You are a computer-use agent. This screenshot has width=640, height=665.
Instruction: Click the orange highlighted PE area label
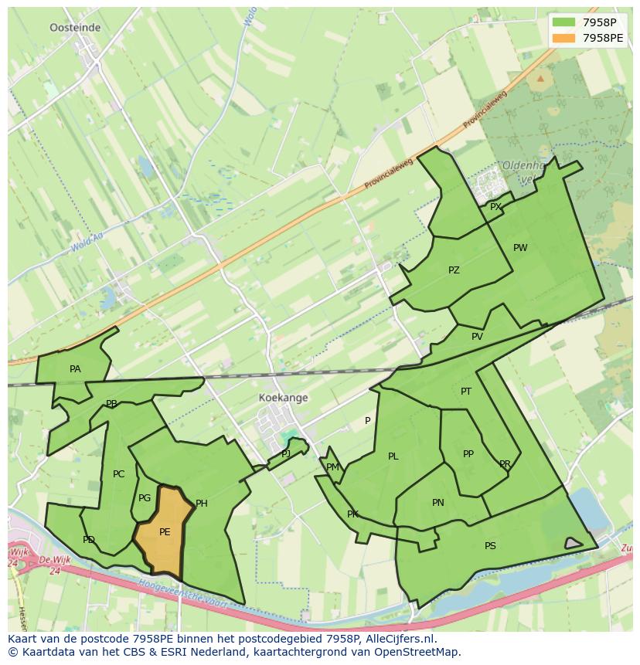point(165,532)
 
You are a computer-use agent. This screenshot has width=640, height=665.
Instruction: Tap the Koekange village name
point(283,398)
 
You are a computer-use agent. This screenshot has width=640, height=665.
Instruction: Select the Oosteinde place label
point(75,27)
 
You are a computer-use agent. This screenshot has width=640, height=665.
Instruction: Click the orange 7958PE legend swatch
point(564,38)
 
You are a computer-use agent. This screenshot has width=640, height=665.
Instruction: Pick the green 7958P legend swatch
point(564,22)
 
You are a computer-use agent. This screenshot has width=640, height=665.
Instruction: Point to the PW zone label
point(520,248)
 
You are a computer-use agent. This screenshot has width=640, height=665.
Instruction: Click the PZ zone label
point(454,270)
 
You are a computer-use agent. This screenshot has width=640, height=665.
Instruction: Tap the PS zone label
point(490,546)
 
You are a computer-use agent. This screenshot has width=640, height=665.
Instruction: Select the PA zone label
point(75,369)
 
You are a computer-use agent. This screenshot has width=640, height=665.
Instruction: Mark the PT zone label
point(466,392)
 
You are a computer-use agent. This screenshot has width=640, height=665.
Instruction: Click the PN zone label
point(438,503)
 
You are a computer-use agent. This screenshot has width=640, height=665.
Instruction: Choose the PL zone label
point(393,456)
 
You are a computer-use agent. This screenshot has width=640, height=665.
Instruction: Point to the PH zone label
point(202,504)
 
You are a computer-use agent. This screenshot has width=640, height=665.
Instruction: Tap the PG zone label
point(145,498)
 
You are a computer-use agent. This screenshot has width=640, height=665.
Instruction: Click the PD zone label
point(89,540)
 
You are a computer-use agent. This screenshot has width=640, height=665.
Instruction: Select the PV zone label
point(477,337)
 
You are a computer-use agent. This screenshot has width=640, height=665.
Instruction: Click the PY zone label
point(495,206)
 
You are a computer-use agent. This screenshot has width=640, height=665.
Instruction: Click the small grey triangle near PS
point(573,544)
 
